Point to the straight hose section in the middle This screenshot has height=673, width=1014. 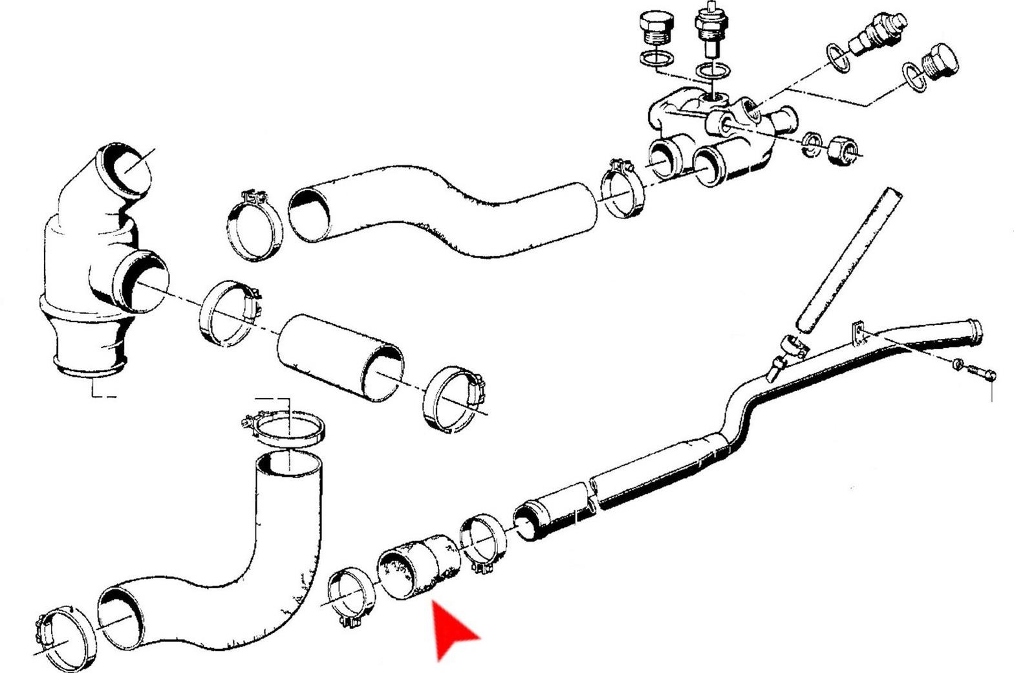coord(340,356)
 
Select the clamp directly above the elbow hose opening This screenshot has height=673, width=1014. coord(285,430)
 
